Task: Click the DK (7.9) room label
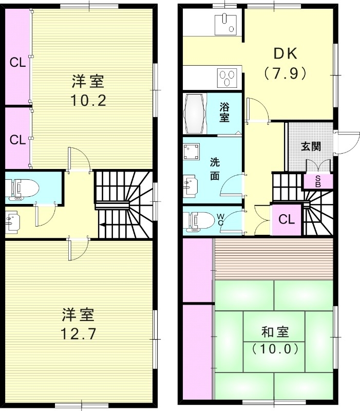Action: pyautogui.click(x=286, y=64)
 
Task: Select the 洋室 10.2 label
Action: pyautogui.click(x=88, y=90)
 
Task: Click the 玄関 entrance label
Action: pyautogui.click(x=311, y=146)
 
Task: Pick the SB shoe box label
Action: pyautogui.click(x=318, y=181)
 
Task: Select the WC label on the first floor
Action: pyautogui.click(x=220, y=220)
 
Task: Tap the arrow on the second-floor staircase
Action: pyautogui.click(x=103, y=224)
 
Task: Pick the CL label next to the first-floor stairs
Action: pyautogui.click(x=287, y=219)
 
